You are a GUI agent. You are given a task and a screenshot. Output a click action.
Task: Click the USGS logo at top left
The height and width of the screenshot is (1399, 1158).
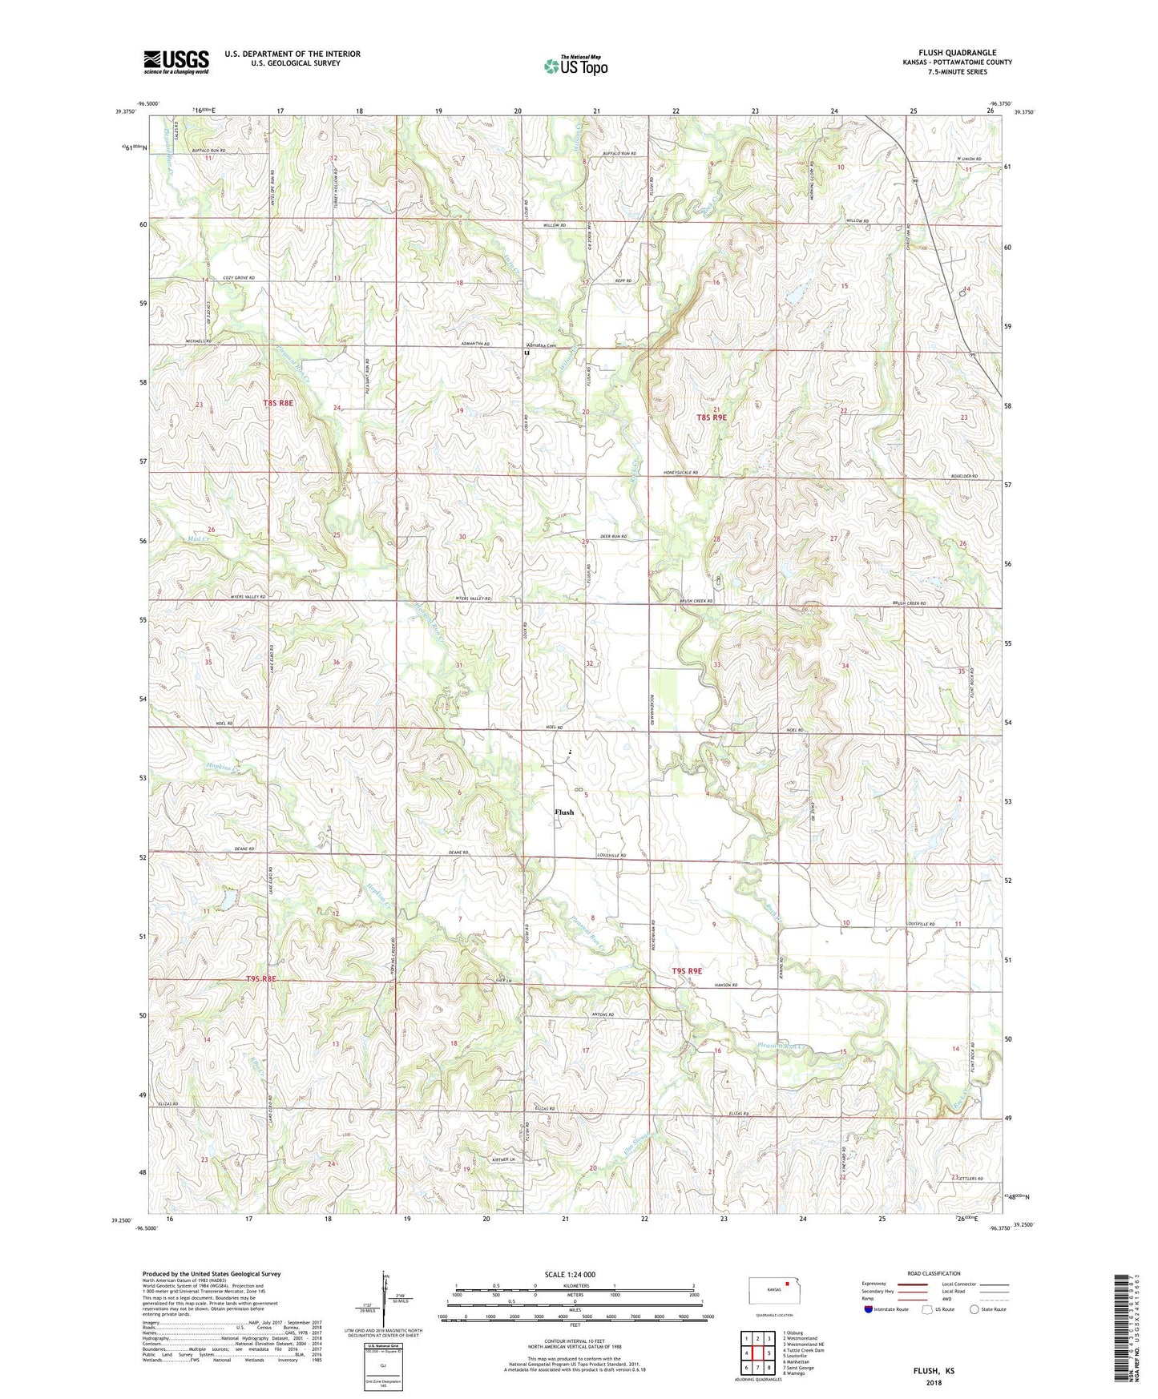point(176,62)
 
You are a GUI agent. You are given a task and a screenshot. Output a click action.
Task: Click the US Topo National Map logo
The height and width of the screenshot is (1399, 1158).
point(575,65)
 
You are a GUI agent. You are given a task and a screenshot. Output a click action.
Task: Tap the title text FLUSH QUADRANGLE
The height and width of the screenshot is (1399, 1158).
point(957,53)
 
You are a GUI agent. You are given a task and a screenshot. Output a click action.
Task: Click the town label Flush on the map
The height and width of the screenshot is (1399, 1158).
point(564,812)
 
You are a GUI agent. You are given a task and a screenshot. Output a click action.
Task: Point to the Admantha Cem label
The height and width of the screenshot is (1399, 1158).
point(541,345)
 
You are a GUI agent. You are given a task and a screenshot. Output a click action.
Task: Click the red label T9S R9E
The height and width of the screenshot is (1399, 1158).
point(687,971)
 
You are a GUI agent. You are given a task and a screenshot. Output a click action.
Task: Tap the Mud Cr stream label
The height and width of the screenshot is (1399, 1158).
point(199,539)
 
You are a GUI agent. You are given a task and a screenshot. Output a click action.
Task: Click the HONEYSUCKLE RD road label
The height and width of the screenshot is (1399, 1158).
point(680,474)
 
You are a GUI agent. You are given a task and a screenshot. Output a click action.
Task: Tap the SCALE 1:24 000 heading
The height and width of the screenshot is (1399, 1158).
point(570,1274)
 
